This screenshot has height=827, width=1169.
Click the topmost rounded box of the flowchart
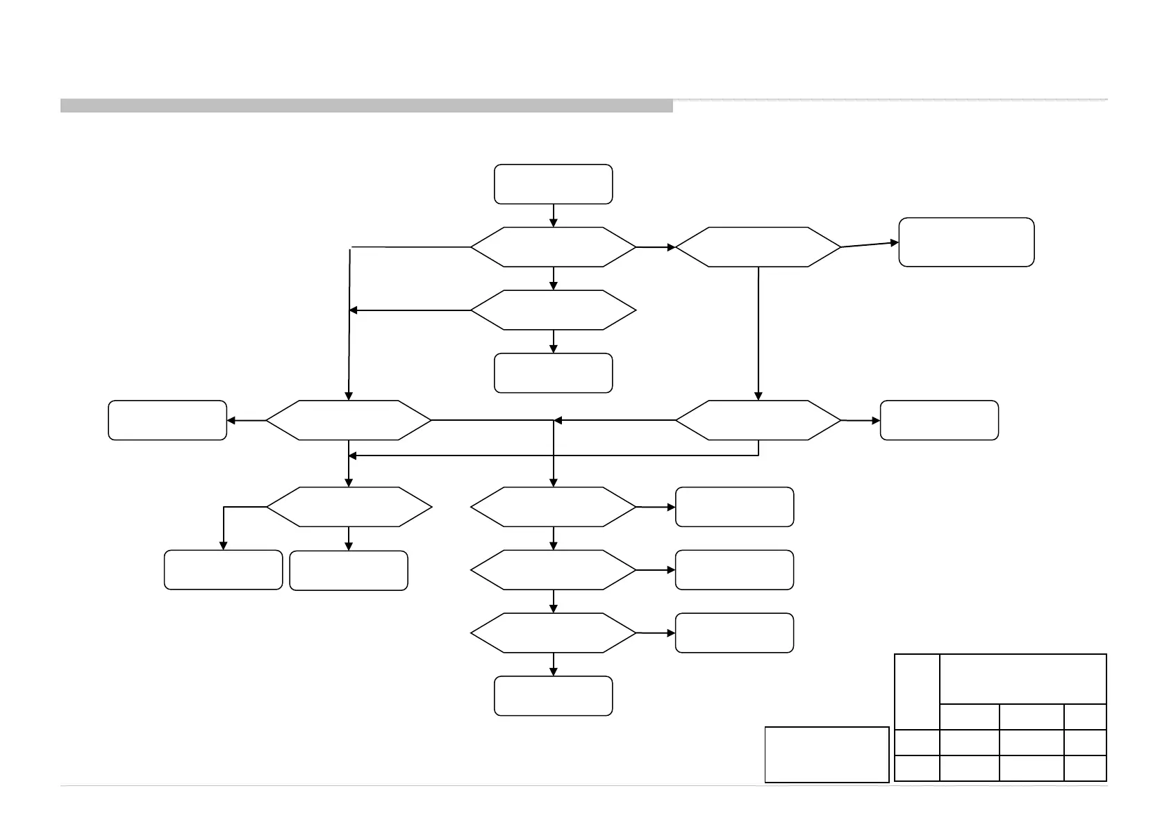(x=553, y=184)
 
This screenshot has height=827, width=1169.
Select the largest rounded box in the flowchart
(x=966, y=242)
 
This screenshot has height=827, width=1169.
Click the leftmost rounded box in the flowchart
(x=167, y=420)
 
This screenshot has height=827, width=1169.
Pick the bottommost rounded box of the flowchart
(x=553, y=695)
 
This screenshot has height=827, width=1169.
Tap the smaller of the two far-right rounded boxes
(x=939, y=420)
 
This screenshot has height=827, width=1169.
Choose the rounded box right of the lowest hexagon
(x=734, y=633)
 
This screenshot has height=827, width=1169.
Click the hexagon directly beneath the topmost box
(x=553, y=247)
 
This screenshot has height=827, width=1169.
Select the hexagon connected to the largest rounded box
(x=758, y=247)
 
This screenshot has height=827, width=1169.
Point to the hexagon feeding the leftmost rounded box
(x=348, y=420)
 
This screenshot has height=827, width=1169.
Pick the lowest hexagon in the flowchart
(x=553, y=633)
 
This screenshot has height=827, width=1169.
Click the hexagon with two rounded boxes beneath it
(x=348, y=507)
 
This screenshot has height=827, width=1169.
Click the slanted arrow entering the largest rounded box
(x=870, y=244)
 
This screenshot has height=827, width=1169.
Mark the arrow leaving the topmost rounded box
(x=554, y=215)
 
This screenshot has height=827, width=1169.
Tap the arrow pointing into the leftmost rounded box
(x=247, y=420)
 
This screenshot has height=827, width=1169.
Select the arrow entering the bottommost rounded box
(x=554, y=664)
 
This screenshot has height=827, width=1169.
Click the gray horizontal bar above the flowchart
(x=366, y=106)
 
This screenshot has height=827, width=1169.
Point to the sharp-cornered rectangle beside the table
(x=827, y=754)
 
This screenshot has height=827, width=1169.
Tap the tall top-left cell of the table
(x=917, y=691)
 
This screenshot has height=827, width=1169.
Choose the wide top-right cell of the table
(x=1022, y=678)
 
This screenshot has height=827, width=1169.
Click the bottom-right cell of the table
(x=1085, y=768)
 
